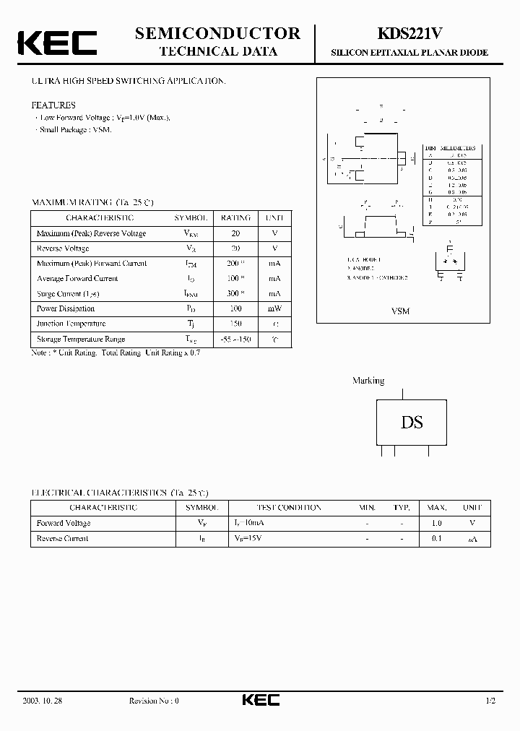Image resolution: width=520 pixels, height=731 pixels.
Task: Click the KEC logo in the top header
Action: [x=57, y=43]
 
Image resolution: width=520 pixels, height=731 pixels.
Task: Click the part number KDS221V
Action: [x=409, y=33]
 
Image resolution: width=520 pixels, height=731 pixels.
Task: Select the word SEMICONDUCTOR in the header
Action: [x=217, y=33]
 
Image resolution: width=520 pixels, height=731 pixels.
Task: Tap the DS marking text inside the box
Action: [x=412, y=423]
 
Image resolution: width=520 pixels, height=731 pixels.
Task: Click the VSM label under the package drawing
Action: [x=400, y=311]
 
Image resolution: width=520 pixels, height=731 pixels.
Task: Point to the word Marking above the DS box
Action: [x=368, y=381]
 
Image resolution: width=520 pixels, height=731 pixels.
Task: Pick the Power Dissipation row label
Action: [x=66, y=308]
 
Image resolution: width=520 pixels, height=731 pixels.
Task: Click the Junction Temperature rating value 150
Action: [x=235, y=324]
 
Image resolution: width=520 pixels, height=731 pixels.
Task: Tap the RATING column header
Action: [x=235, y=217]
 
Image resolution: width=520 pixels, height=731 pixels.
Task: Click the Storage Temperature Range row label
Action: [x=81, y=339]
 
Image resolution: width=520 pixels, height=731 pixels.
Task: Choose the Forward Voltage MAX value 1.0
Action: [x=436, y=523]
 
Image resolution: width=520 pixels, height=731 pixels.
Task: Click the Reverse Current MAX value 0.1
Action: [x=436, y=539]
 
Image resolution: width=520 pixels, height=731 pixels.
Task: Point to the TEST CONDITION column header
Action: [x=289, y=508]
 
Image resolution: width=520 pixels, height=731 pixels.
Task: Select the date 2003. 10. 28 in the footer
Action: [x=53, y=701]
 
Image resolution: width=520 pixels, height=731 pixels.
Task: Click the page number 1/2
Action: [x=490, y=701]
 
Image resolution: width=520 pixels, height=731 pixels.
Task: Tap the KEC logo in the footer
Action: [x=260, y=701]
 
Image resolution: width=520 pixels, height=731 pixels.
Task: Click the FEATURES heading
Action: [x=53, y=105]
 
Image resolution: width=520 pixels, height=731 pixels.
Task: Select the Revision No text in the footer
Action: [x=153, y=701]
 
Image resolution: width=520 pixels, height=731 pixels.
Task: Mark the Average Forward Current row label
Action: [x=77, y=279]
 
